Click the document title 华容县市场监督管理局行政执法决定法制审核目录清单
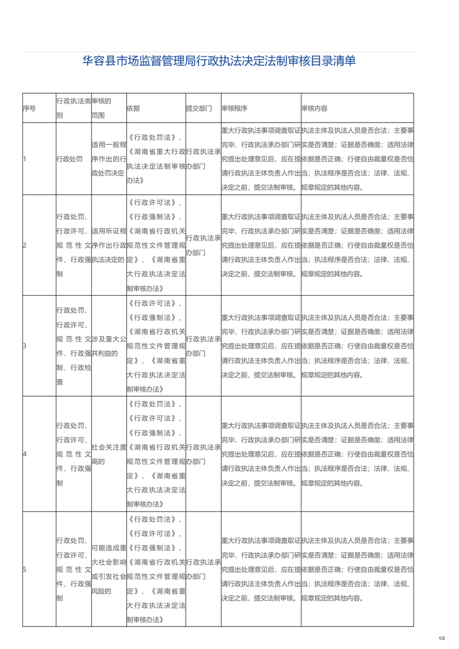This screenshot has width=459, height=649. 219,61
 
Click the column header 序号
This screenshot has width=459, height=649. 29,108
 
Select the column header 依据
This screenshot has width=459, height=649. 133,108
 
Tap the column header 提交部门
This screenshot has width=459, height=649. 199,108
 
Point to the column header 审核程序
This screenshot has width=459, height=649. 234,108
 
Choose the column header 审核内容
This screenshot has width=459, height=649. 314,108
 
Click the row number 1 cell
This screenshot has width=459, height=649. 25,159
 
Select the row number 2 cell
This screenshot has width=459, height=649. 25,245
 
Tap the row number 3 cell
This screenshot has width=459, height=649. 25,346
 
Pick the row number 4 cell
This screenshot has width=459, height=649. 25,454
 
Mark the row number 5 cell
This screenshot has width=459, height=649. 25,570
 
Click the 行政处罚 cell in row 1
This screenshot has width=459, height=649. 69,159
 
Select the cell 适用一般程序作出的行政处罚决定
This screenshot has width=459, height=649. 109,159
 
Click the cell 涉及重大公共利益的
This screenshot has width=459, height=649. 109,346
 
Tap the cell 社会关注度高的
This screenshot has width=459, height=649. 109,454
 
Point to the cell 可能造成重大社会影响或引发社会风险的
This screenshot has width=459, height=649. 109,570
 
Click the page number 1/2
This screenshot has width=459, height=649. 442,638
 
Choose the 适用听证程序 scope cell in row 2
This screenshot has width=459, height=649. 109,245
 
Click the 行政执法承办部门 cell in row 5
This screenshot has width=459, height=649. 203,570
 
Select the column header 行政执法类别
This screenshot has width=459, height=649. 73,108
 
